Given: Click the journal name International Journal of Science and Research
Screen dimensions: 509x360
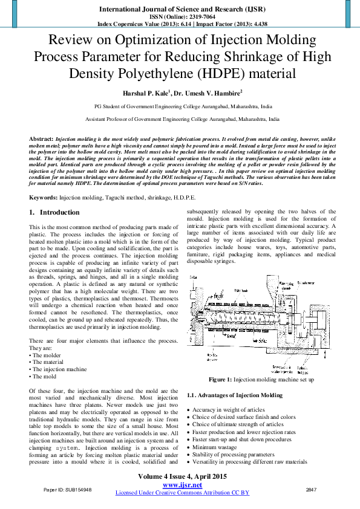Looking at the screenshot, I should (179, 9).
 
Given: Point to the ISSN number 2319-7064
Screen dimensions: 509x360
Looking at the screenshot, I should (194, 17).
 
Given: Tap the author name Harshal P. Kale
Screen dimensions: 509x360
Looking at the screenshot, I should (146, 93).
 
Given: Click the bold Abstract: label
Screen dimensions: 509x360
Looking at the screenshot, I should (41, 139).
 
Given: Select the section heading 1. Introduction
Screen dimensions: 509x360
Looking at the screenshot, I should (54, 213).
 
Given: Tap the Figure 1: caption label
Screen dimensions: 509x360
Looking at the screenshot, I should (220, 379).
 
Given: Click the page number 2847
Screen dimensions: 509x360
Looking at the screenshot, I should (312, 489).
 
